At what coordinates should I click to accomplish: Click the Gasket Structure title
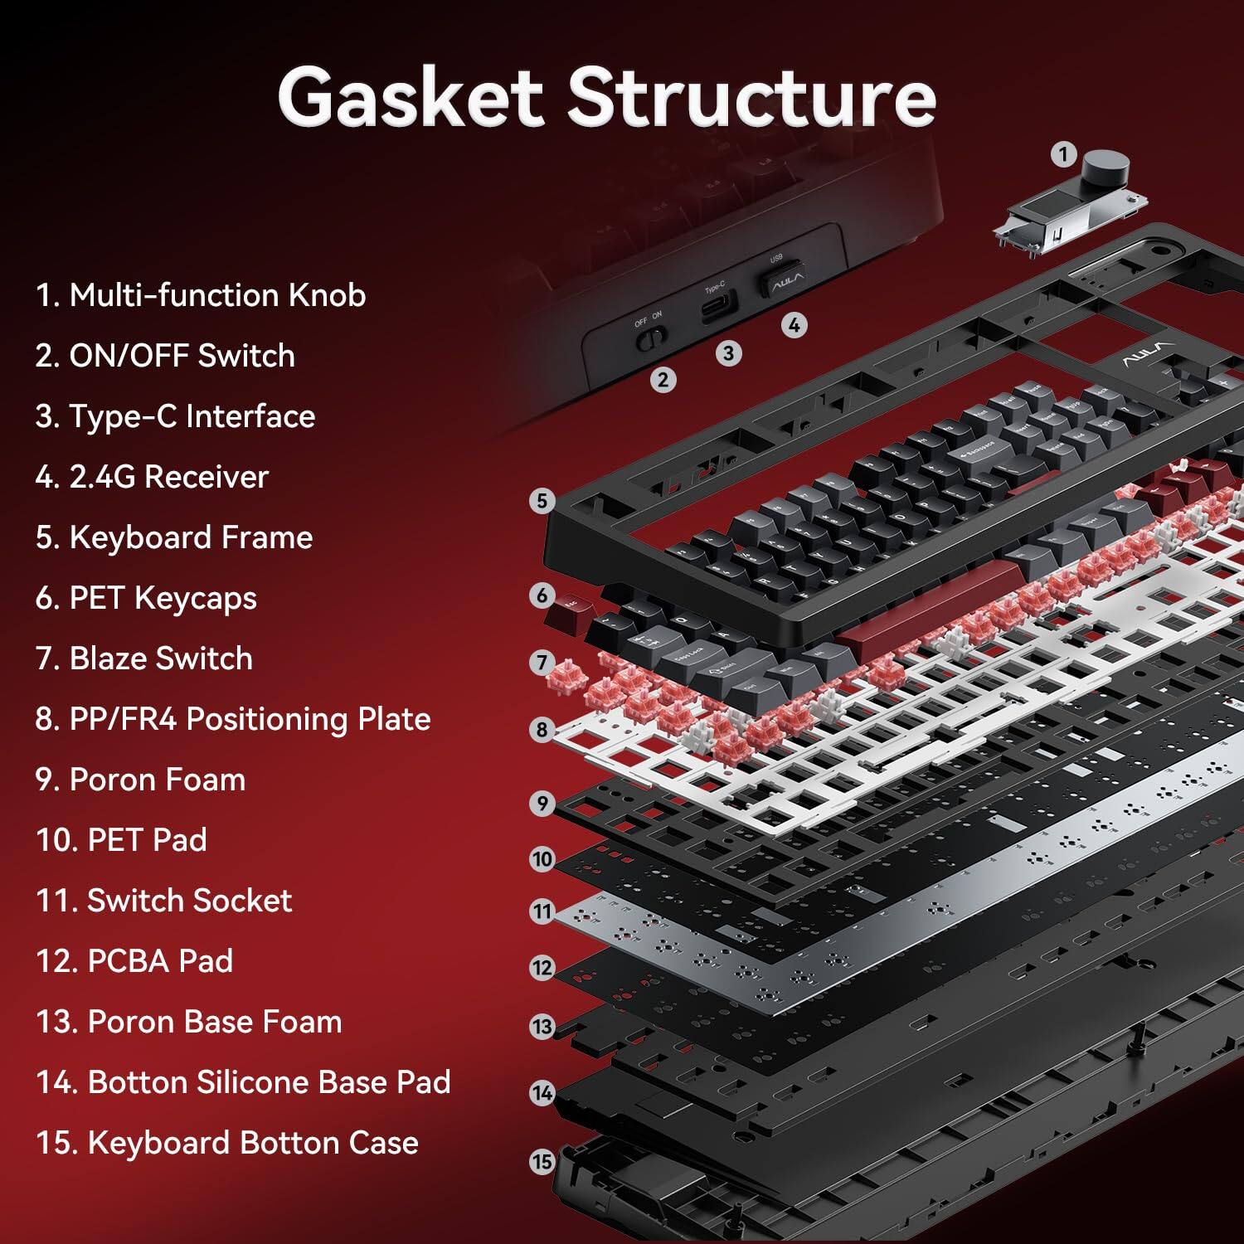606,98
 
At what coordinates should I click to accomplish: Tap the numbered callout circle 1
1063,154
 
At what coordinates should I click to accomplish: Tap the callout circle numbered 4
794,325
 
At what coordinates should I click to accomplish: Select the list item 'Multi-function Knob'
201,295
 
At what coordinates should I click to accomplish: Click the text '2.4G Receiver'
153,477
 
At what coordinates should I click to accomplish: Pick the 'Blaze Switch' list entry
144,658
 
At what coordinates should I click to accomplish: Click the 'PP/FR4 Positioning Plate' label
233,719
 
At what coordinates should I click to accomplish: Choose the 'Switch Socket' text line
164,901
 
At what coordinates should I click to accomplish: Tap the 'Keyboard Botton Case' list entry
227,1143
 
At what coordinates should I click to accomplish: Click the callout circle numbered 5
542,501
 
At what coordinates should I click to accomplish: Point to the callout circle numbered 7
542,662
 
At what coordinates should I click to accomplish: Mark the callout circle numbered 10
542,859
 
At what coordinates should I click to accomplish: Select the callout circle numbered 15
542,1162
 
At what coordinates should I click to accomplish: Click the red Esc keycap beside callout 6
567,612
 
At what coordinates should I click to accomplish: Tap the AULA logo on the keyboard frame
1148,355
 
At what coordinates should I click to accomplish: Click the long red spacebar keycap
929,603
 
